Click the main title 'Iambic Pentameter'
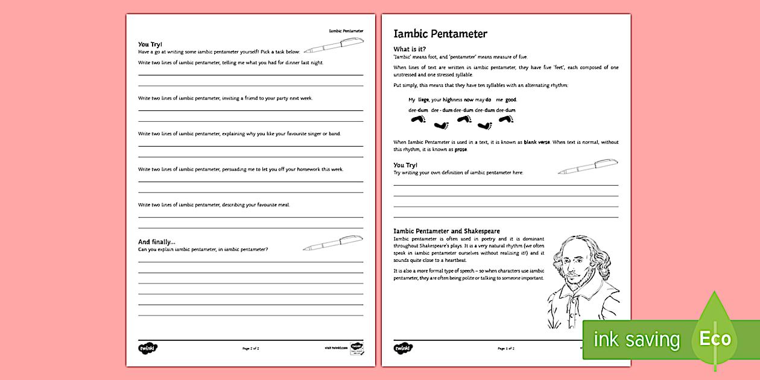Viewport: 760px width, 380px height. point(440,34)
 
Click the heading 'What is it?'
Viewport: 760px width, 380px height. point(410,49)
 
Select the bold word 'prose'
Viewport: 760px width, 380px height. point(461,149)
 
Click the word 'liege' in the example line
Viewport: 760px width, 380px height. point(423,100)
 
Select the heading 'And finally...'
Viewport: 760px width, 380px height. point(157,242)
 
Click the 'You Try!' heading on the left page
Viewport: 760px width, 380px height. point(150,44)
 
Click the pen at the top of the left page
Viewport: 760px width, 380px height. point(334,46)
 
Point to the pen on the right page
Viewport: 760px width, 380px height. point(587,166)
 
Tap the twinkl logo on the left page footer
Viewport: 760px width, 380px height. point(147,348)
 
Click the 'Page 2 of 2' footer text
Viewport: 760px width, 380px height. point(250,349)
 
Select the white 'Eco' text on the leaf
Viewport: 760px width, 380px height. point(715,338)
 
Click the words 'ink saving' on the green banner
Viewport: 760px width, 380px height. point(636,340)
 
